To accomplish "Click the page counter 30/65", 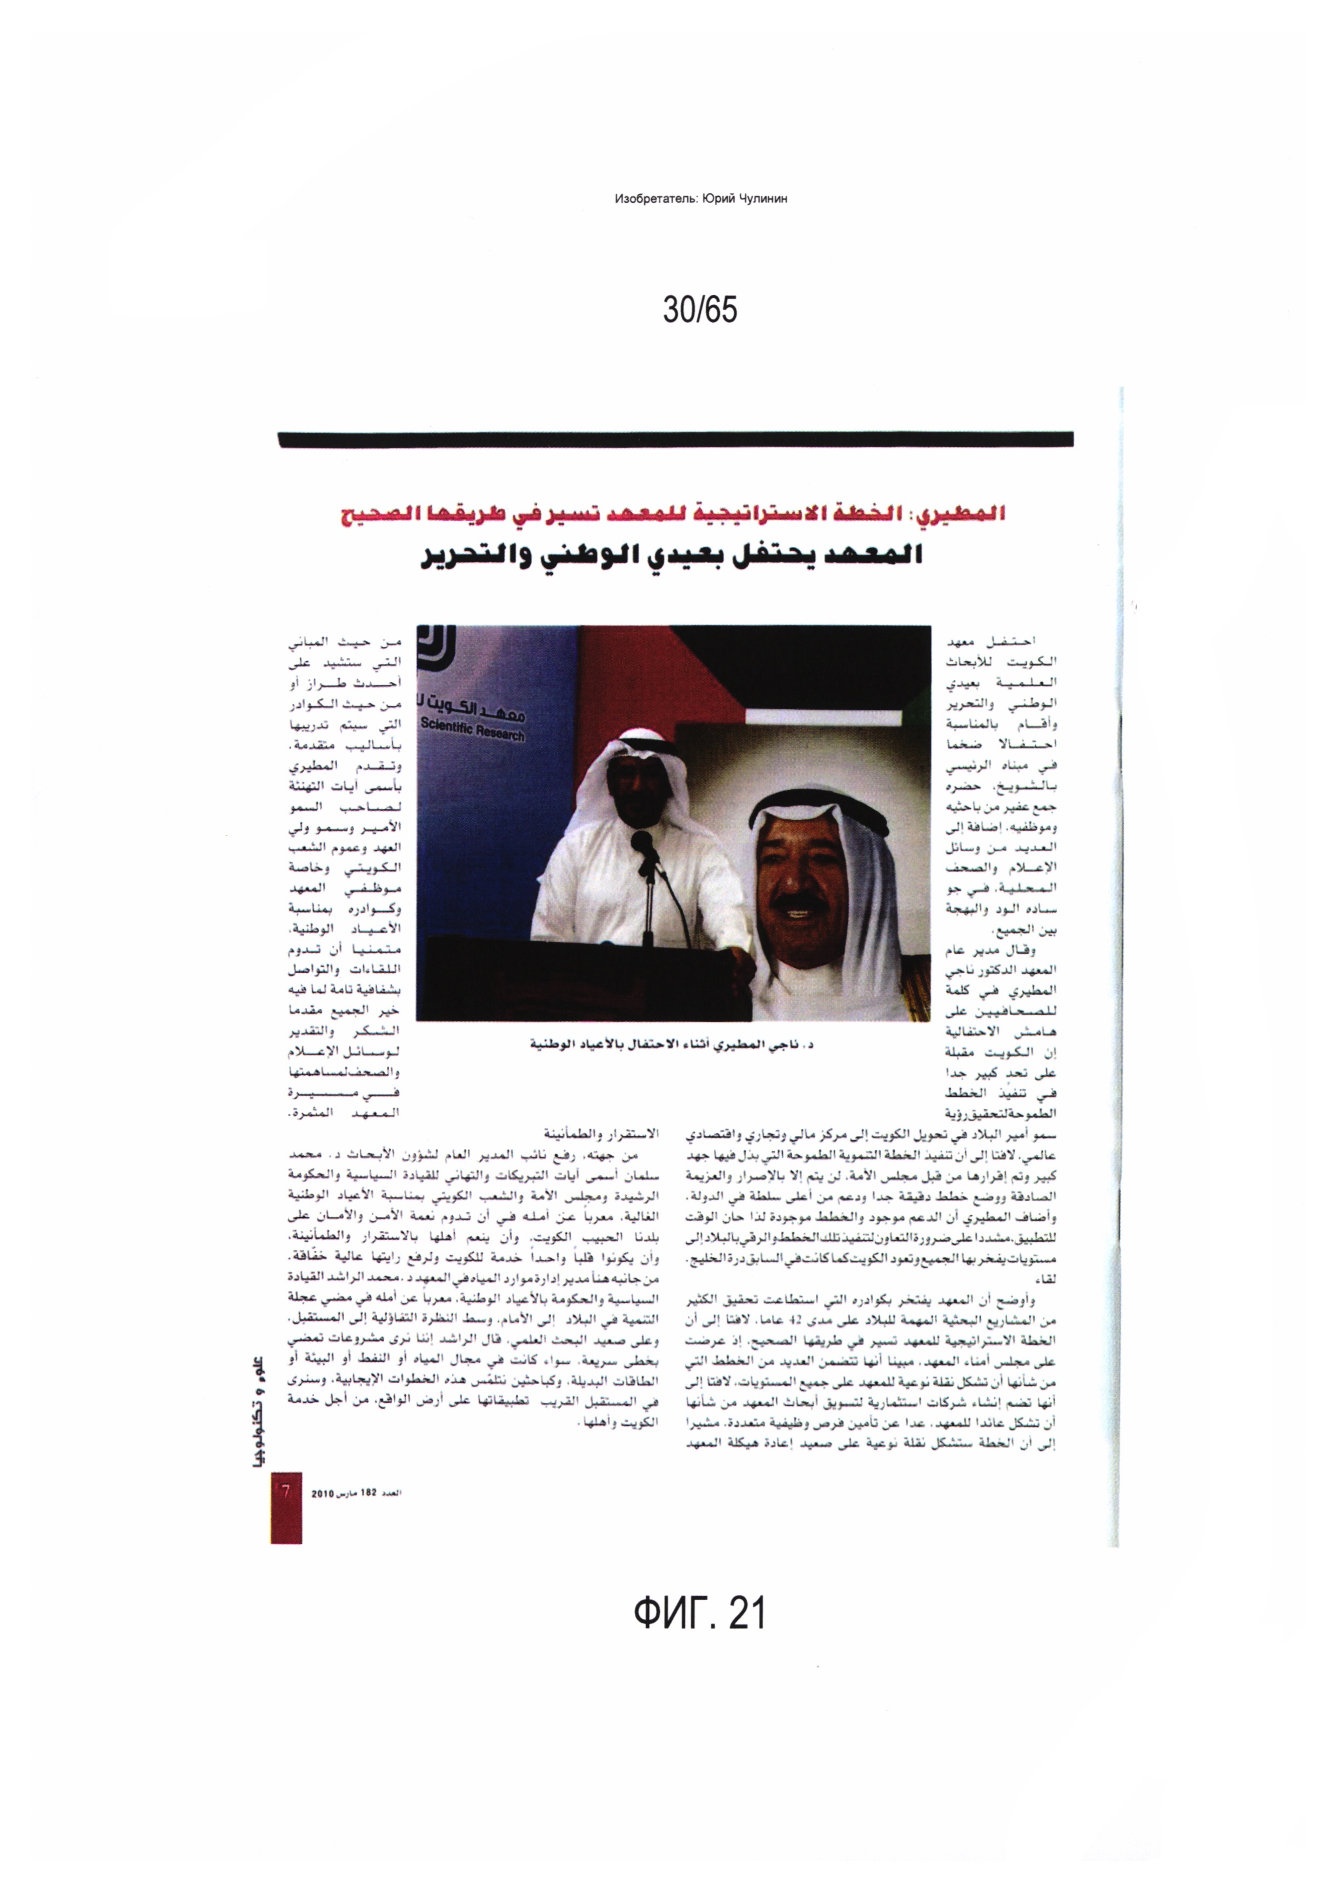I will click(x=700, y=310).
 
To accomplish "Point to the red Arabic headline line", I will click(x=673, y=515).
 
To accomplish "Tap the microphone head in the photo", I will click(x=642, y=842).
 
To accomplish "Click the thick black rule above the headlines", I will click(x=675, y=440).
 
